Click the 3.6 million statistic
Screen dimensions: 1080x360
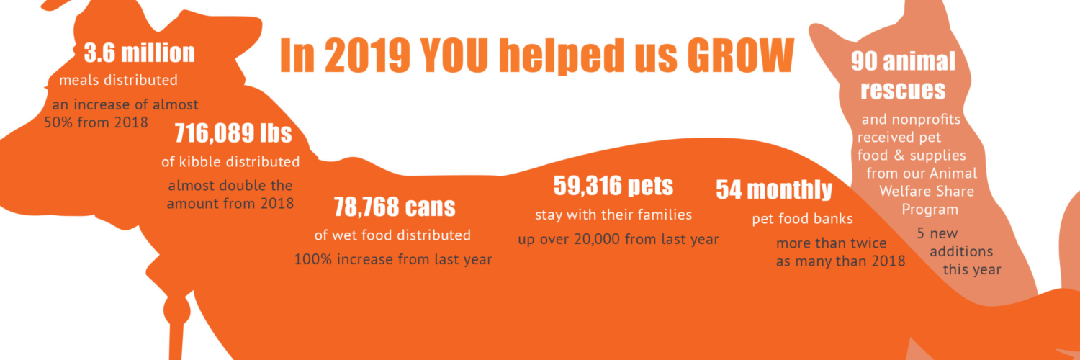coord(140,53)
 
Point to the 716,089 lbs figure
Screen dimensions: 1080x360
coord(233,133)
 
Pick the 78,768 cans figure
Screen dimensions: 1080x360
coord(395,207)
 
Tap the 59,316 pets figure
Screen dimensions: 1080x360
coord(613,186)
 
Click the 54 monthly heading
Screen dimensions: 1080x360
coord(774,190)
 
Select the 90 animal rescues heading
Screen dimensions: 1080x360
coord(903,76)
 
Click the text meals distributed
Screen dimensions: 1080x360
coord(119,80)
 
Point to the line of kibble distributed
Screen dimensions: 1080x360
coord(230,161)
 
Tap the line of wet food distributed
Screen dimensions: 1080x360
coord(392,235)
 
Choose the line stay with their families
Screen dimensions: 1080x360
coord(613,215)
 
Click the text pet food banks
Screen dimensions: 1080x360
coord(802,220)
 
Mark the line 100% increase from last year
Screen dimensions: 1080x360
coord(393,259)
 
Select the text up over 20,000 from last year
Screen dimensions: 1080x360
coord(618,240)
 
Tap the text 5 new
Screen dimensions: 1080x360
coord(937,234)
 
